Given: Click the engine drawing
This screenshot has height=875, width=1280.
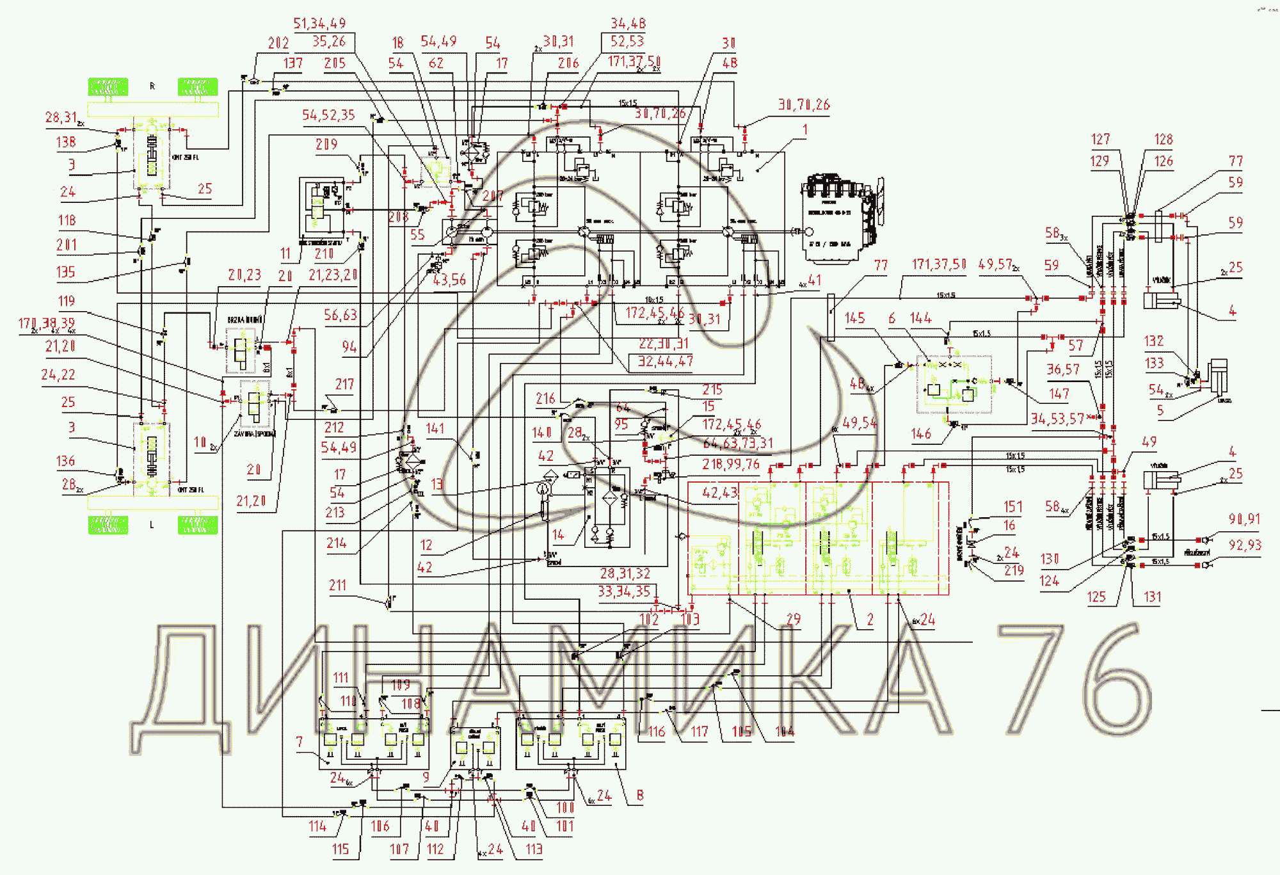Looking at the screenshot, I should [841, 217].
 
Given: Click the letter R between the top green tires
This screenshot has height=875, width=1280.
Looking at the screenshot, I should [152, 86].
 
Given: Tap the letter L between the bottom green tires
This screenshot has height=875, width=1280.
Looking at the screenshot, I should [152, 525].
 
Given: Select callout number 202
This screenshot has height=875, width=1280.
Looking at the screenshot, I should [278, 44].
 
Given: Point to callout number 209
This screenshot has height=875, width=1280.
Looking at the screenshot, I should [326, 145].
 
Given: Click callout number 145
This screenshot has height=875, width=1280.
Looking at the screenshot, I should [854, 318].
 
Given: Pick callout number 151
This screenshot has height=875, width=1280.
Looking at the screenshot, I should [1013, 507].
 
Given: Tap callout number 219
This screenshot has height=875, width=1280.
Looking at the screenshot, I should [1014, 570].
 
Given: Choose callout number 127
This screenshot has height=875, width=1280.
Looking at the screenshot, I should [1100, 140].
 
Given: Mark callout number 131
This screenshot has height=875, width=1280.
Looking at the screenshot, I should [1152, 597].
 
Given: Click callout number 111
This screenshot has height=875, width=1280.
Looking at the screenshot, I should [341, 678].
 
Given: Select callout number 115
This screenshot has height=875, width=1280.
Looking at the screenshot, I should [340, 849].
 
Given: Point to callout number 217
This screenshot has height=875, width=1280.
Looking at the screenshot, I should [344, 385].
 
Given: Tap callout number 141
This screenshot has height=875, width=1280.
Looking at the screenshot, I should [435, 429].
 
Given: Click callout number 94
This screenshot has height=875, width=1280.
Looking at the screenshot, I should [349, 347].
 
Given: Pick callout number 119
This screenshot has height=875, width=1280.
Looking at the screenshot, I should [67, 301].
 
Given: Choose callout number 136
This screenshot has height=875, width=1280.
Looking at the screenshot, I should [65, 462].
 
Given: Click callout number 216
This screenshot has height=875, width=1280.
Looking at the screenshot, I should [545, 399].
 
